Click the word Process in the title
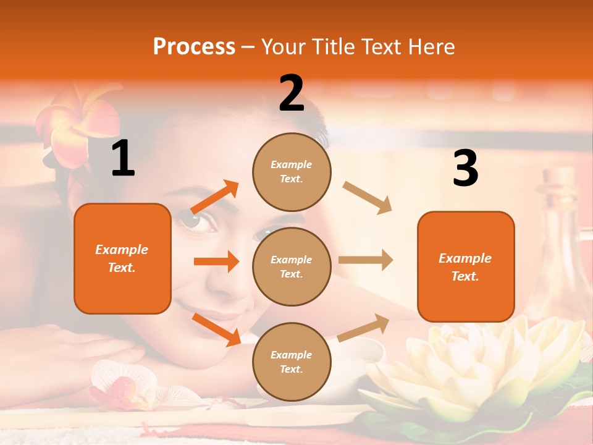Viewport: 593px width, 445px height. click(194, 47)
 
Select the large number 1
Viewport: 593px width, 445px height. click(123, 159)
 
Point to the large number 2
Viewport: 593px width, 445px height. click(292, 93)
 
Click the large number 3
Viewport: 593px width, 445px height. click(465, 169)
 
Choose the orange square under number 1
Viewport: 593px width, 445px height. click(122, 258)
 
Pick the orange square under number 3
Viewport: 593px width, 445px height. click(466, 266)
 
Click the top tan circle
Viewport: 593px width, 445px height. click(292, 172)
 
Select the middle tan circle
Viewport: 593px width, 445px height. click(292, 266)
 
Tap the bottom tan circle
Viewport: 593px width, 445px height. click(292, 362)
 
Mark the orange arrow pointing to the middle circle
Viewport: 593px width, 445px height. click(216, 261)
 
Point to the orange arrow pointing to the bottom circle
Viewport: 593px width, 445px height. click(216, 329)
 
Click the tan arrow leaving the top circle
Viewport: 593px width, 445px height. click(368, 198)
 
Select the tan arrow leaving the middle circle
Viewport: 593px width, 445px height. click(366, 260)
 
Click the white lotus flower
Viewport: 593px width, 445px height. click(476, 365)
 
